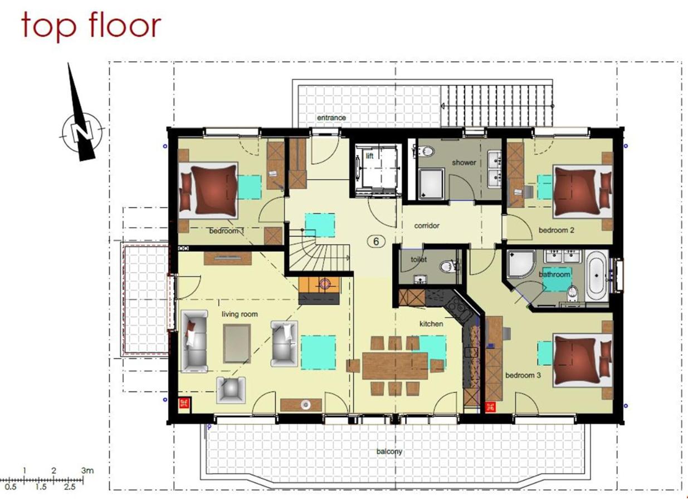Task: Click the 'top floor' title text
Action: point(91,26)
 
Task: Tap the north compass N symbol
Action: point(81,132)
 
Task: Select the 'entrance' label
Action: point(331,117)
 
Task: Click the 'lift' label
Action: point(369,156)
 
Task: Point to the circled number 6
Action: point(376,242)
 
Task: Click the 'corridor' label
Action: point(427,225)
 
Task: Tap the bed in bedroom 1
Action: point(208,190)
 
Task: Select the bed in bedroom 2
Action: point(583,191)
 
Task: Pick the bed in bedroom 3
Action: point(583,360)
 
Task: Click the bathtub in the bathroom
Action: point(597,276)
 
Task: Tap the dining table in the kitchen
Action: point(395,366)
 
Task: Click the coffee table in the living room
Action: point(237,343)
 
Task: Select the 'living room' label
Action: point(240,315)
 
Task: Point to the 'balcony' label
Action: point(389,451)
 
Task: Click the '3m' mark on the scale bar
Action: point(87,470)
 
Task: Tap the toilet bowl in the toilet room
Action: point(446,266)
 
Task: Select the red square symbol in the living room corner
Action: point(184,403)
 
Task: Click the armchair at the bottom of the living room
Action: point(231,390)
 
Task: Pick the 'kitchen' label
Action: point(431,324)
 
